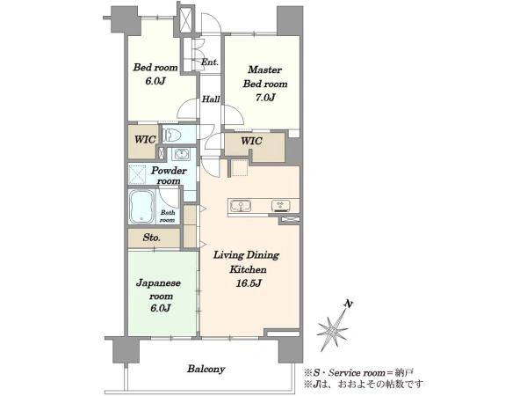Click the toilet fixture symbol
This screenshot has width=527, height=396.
coord(172,135)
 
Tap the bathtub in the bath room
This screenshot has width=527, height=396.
coord(142,207)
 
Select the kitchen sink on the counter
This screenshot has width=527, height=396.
coord(240,205)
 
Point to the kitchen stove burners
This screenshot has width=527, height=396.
coord(281,206)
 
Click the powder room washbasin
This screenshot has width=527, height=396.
coord(182,154)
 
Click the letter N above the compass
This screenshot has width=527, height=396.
coord(349,304)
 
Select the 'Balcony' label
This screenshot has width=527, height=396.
coord(206,369)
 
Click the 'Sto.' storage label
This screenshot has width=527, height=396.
coord(152,238)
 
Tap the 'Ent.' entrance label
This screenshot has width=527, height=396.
coord(210,62)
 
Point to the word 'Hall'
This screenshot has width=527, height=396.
coord(211,99)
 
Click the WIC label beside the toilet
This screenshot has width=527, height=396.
coord(145,139)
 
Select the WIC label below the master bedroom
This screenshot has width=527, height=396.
coord(251,141)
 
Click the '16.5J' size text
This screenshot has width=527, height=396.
coord(248,283)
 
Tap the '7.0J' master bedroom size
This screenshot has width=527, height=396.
coord(265,98)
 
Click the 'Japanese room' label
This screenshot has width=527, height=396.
coord(158,290)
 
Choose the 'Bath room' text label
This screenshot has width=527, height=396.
coord(168,216)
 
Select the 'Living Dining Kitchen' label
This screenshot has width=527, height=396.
coord(246,262)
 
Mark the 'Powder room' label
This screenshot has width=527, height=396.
coord(169,175)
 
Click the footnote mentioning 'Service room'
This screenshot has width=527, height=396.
coord(358,373)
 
